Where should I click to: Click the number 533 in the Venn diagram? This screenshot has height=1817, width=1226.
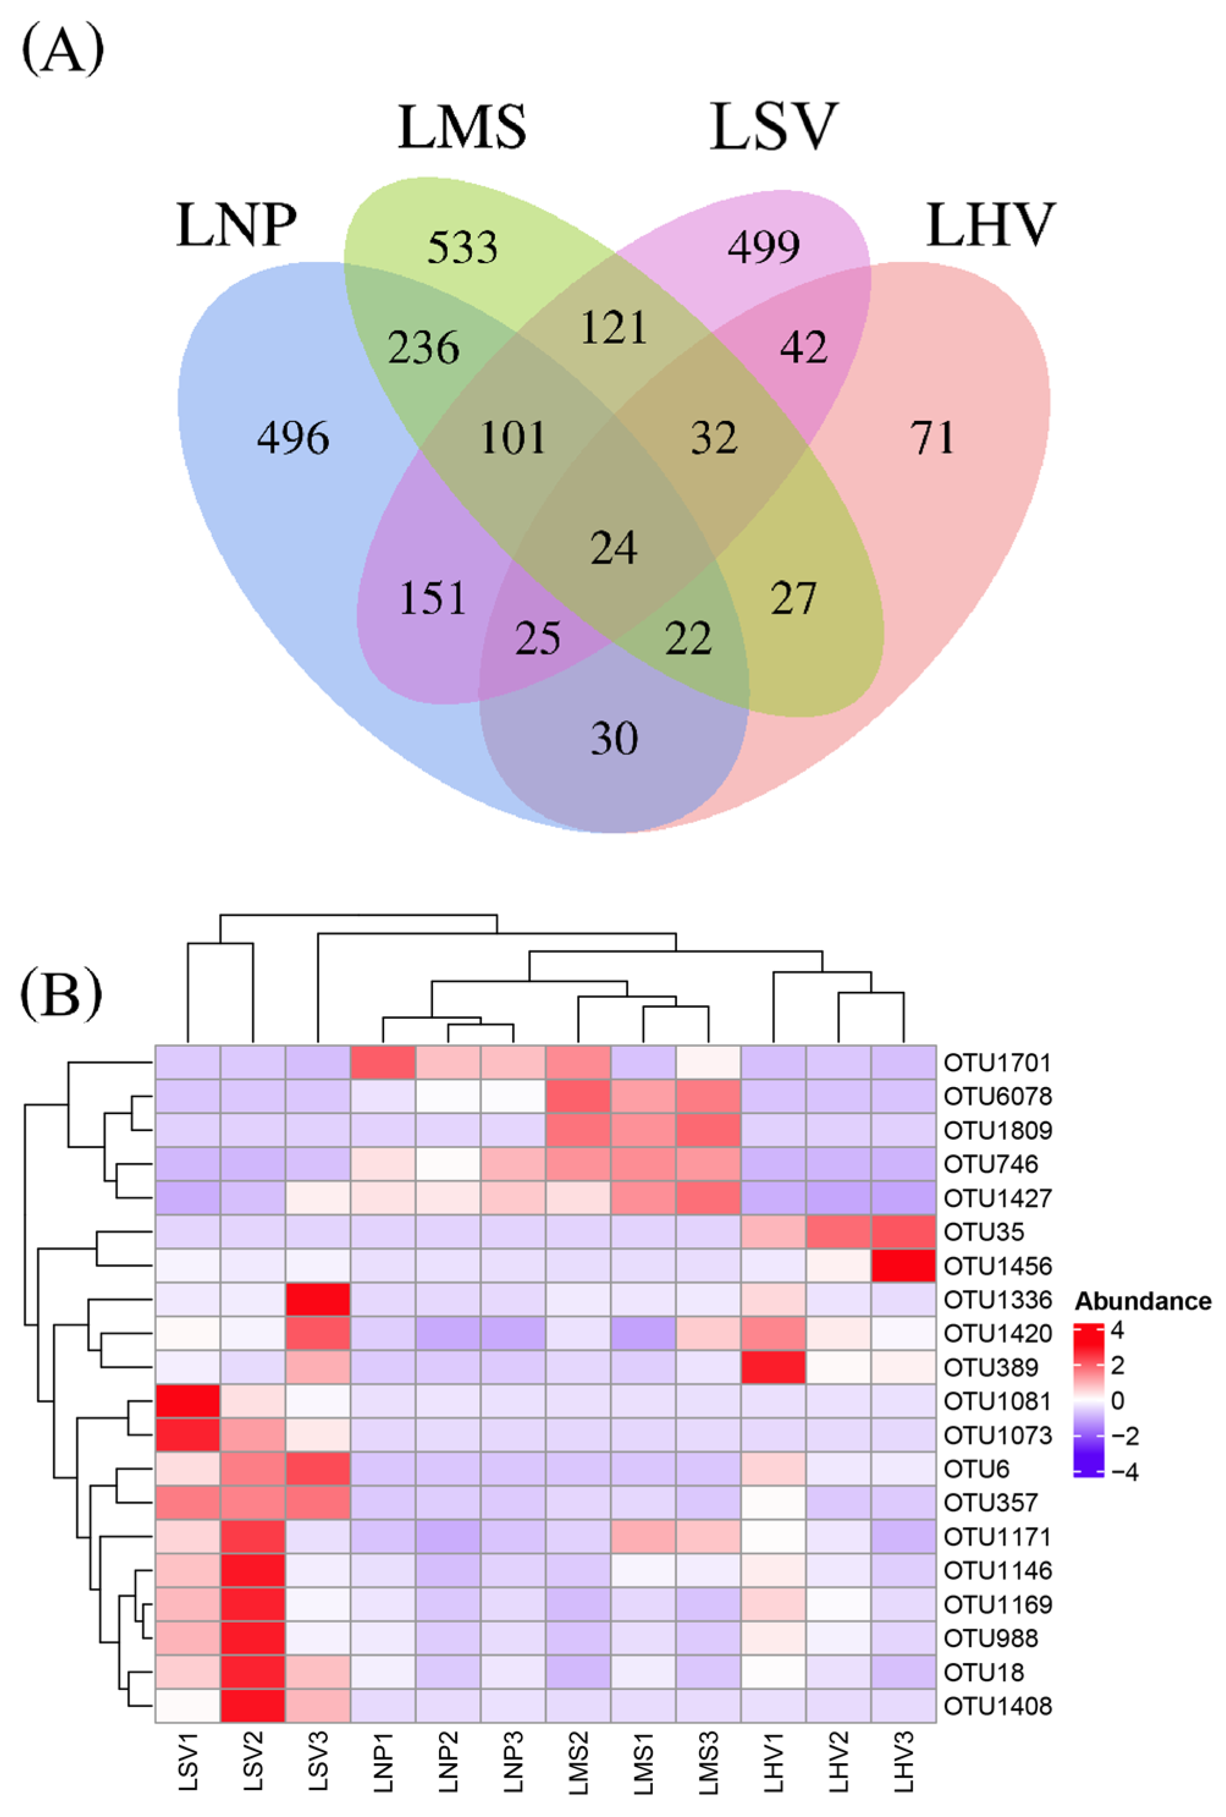tap(462, 248)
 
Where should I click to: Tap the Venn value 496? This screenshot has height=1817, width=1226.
tap(293, 438)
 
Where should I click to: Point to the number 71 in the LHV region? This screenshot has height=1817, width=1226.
tap(932, 438)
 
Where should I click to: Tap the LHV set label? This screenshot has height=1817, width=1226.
tap(990, 225)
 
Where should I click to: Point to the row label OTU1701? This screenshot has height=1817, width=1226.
tap(997, 1063)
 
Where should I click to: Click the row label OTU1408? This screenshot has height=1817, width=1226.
tap(997, 1706)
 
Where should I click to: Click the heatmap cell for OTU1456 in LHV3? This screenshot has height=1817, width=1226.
tap(903, 1266)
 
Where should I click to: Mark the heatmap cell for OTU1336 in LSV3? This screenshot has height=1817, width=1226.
tap(318, 1300)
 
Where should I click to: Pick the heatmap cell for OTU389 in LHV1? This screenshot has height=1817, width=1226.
tap(774, 1367)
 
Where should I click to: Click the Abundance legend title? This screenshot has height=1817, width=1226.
tap(1142, 1301)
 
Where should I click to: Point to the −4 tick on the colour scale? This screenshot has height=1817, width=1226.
tap(1123, 1472)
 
